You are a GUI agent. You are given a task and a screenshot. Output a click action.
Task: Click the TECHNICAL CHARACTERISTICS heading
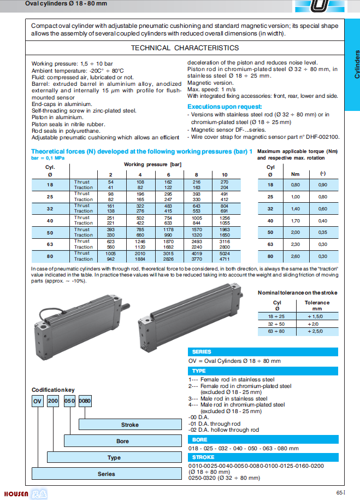tap(185, 48)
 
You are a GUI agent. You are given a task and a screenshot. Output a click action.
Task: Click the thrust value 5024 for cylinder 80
tap(225, 253)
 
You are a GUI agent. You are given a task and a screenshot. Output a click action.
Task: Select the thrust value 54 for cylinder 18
tap(111, 181)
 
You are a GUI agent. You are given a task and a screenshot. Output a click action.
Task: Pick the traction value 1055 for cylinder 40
tap(225, 223)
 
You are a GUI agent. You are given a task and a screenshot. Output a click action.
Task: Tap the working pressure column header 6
tap(168, 174)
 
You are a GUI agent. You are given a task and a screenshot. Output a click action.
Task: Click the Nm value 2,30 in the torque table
tap(296, 244)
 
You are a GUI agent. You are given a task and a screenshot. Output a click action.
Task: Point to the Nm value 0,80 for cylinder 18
tap(296, 185)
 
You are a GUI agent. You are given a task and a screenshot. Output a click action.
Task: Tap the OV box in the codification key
tap(37, 401)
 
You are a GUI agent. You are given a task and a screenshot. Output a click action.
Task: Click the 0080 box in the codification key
tap(85, 401)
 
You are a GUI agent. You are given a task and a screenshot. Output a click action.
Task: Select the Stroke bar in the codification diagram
tap(129, 425)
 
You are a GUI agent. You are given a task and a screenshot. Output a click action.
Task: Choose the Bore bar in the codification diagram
tap(122, 441)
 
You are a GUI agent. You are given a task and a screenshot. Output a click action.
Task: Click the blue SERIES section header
tap(202, 351)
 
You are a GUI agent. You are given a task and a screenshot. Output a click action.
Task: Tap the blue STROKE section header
tap(203, 457)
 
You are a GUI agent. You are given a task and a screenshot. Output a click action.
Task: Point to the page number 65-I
tap(340, 492)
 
